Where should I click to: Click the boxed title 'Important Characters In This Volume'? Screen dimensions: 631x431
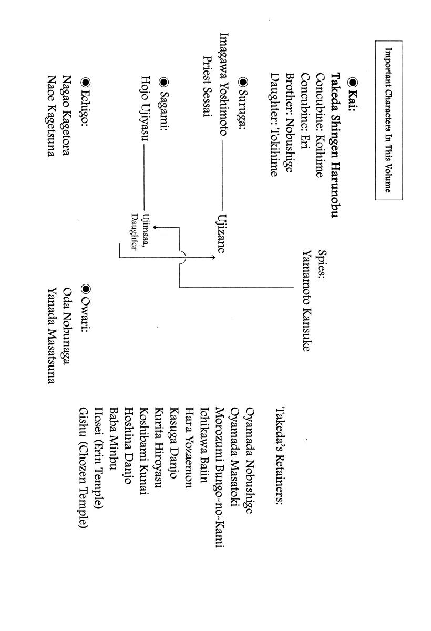(x=389, y=120)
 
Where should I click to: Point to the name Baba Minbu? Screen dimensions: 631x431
(x=113, y=432)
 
